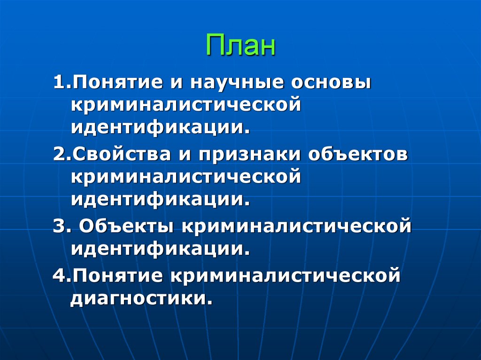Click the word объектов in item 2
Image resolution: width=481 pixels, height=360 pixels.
[x=358, y=156]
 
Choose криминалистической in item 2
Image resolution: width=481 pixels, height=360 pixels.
[x=186, y=177]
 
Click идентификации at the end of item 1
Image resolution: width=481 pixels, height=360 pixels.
[x=160, y=127]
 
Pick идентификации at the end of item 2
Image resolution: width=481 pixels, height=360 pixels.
[x=160, y=199]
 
